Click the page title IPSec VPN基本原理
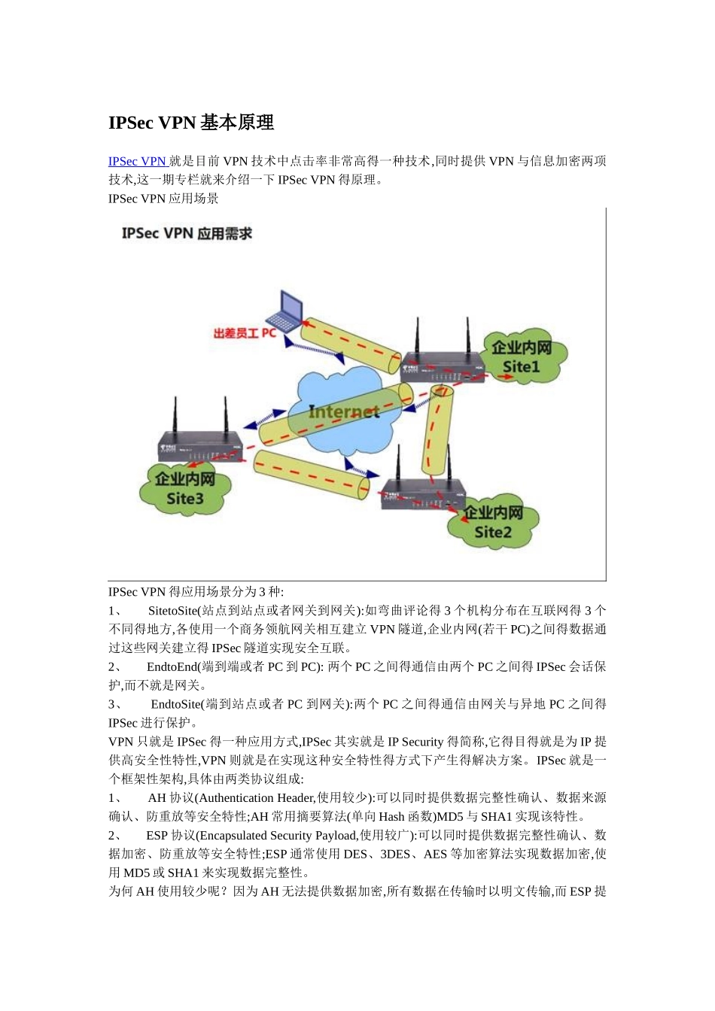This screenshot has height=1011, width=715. click(x=191, y=123)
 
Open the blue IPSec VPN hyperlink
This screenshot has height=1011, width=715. click(x=137, y=161)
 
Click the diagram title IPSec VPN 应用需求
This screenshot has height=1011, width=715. click(x=187, y=233)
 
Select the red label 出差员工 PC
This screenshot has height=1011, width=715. click(x=245, y=332)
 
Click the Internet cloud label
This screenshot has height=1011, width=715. click(x=344, y=411)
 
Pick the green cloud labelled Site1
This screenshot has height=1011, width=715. click(x=522, y=357)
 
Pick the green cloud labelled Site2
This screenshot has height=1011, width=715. click(x=492, y=523)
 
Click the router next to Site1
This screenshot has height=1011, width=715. click(x=440, y=365)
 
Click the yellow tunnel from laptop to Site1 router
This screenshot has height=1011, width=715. click(x=351, y=346)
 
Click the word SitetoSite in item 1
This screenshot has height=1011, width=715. click(x=172, y=611)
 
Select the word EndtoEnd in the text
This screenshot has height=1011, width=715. click(x=172, y=667)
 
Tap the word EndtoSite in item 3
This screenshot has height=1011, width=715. click(x=176, y=705)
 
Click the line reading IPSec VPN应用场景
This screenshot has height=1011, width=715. click(x=163, y=199)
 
